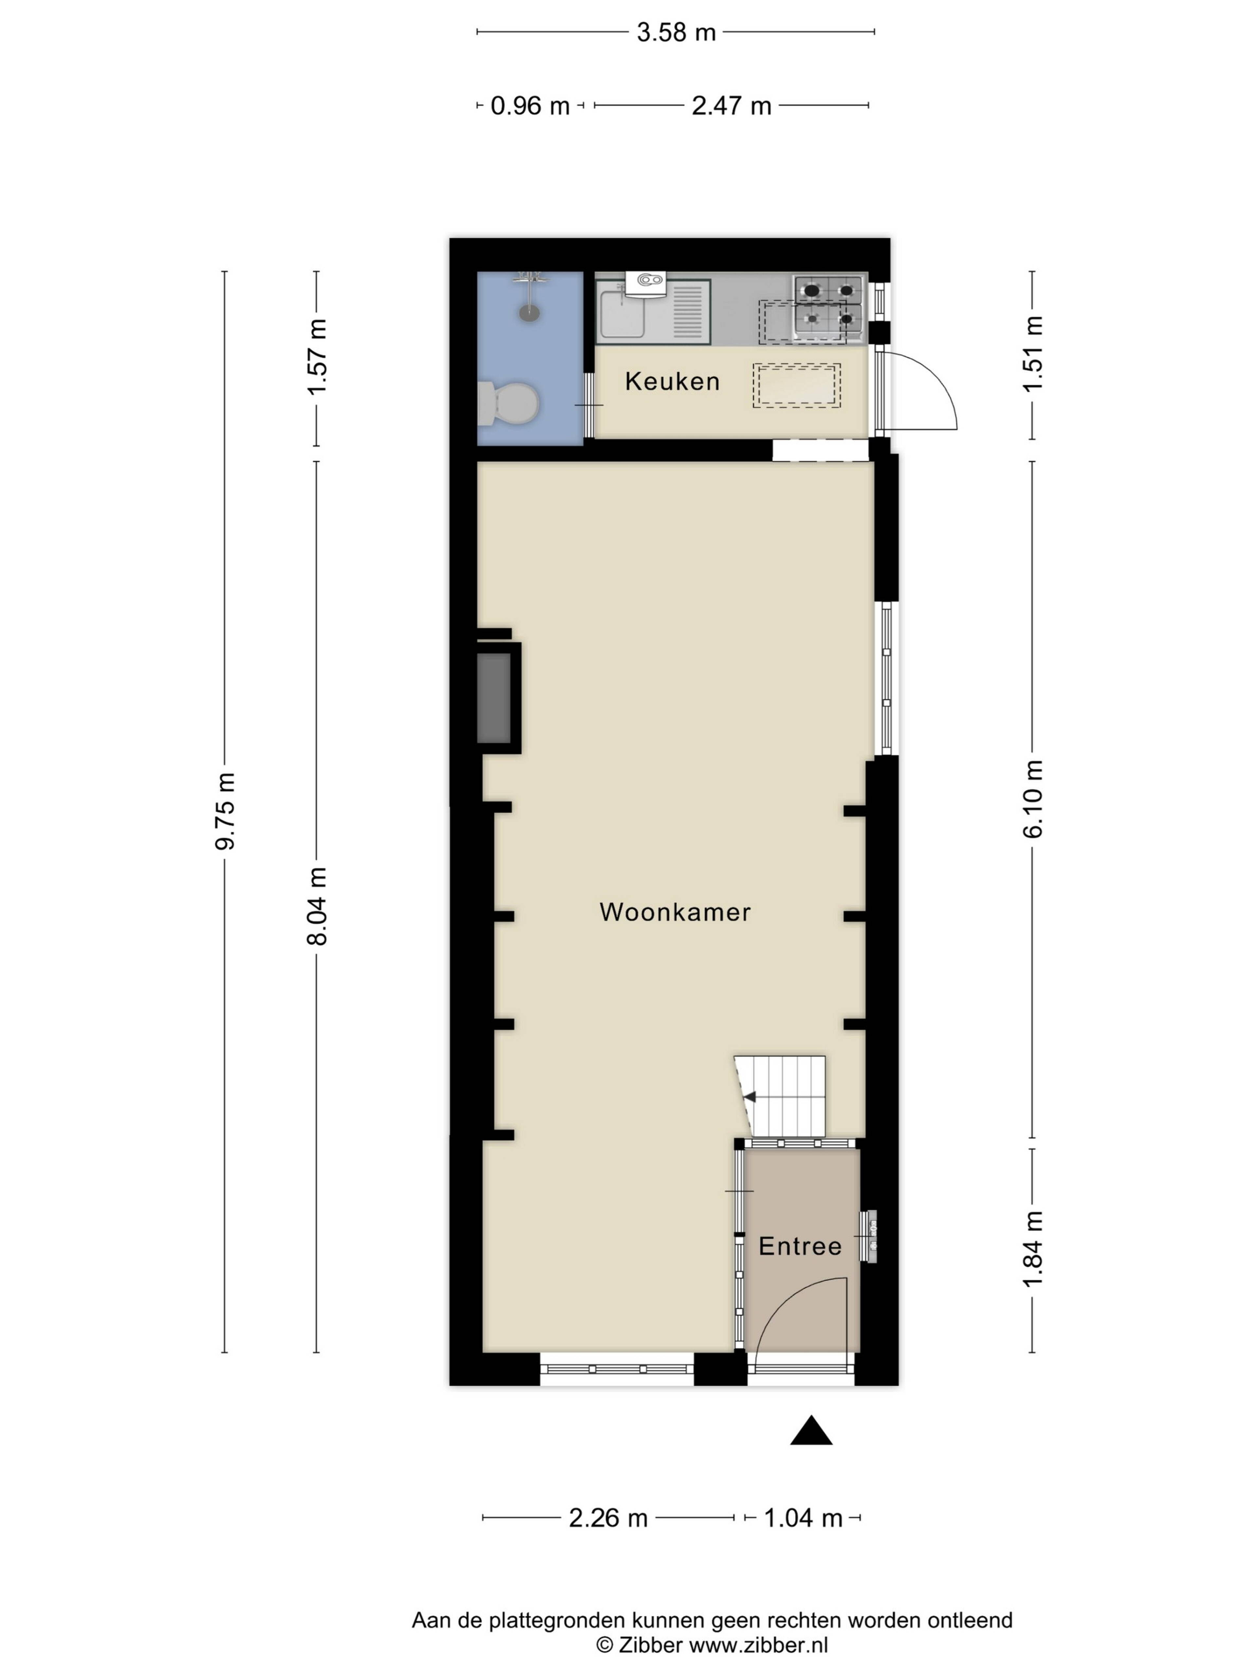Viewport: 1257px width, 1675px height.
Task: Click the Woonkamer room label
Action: (674, 912)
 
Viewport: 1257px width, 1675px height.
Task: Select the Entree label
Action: (800, 1246)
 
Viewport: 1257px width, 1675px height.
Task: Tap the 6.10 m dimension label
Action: (1033, 799)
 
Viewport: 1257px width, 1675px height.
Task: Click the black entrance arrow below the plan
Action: (811, 1430)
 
